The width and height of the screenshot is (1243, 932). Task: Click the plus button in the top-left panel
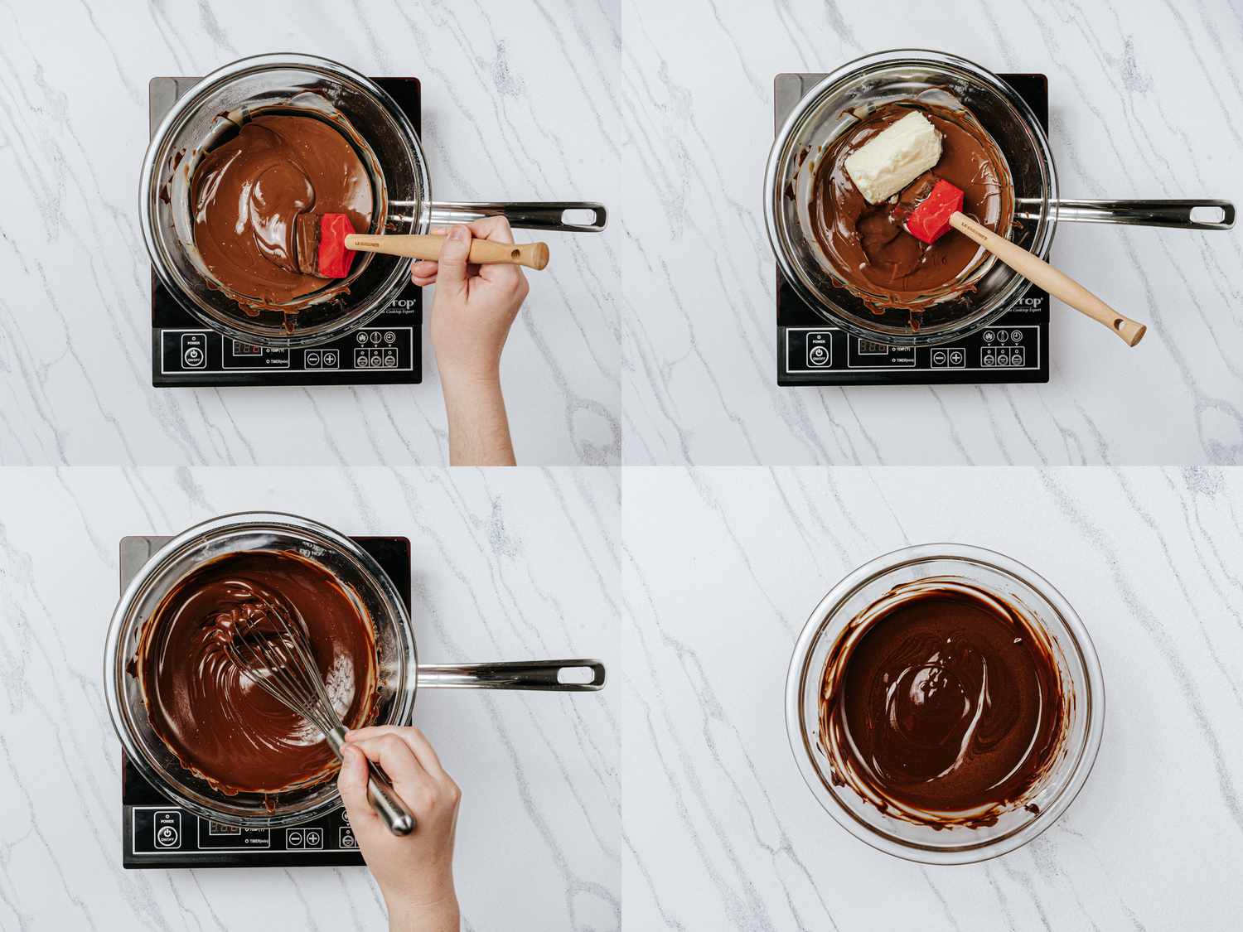[x=330, y=359]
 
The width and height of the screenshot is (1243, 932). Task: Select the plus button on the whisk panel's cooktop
[x=317, y=838]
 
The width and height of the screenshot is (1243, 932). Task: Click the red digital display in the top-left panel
[x=249, y=348]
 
